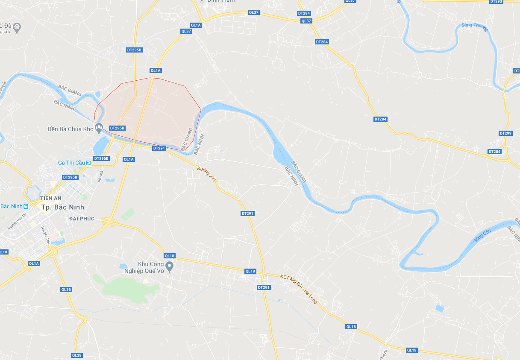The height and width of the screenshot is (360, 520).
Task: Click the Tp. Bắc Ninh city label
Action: click(x=63, y=207)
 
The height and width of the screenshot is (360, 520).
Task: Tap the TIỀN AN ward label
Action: click(x=51, y=199)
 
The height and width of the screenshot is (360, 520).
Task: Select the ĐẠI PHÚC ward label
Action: click(x=81, y=219)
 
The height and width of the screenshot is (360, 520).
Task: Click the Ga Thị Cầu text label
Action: click(x=71, y=163)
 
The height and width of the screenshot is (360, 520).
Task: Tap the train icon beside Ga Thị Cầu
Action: click(x=88, y=163)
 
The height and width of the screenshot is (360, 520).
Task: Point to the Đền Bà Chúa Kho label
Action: click(x=71, y=129)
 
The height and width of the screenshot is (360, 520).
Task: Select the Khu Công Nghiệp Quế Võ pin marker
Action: click(x=170, y=267)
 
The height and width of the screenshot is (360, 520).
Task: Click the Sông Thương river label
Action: click(x=474, y=25)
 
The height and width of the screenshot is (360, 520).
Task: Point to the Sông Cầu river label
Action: click(x=482, y=236)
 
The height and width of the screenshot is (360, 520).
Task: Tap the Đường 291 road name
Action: click(x=207, y=175)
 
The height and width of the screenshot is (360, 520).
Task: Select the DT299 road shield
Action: click(x=505, y=133)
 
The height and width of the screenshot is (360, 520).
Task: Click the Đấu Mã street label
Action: click(x=101, y=176)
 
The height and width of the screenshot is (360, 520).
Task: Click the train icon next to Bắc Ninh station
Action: click(x=26, y=206)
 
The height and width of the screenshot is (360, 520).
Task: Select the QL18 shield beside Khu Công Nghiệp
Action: click(x=170, y=256)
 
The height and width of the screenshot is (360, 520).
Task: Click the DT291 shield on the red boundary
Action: click(x=159, y=148)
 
